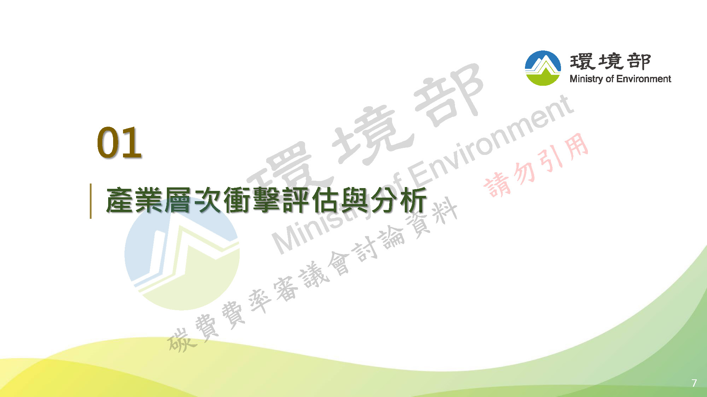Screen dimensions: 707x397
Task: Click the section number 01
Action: (119, 142)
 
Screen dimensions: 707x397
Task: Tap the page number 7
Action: (694, 383)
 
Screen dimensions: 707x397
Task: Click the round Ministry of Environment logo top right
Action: (543, 68)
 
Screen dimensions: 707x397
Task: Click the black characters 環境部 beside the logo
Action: (610, 61)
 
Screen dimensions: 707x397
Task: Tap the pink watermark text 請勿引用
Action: (536, 165)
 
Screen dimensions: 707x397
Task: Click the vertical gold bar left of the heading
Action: (91, 201)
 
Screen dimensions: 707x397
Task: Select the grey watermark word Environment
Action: (490, 141)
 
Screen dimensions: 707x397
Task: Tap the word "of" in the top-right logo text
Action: (609, 79)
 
